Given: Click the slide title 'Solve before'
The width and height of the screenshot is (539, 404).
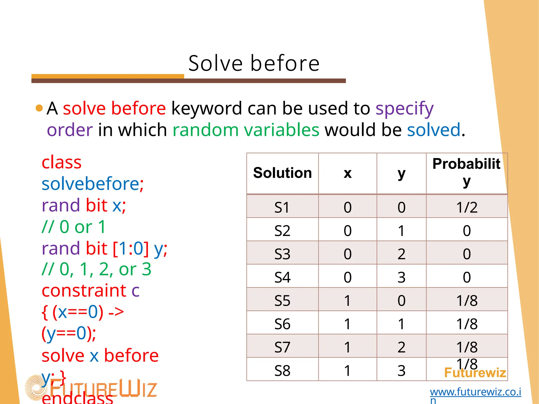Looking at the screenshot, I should pyautogui.click(x=254, y=63).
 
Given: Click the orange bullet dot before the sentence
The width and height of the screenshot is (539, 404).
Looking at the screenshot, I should pyautogui.click(x=39, y=108).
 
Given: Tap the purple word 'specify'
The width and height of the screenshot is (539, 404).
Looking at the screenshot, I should pyautogui.click(x=404, y=109).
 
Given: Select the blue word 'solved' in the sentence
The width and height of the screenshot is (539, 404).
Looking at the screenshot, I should pyautogui.click(x=434, y=130).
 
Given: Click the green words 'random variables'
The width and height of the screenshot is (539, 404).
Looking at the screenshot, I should pyautogui.click(x=246, y=130).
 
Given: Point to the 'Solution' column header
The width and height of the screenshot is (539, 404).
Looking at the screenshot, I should pyautogui.click(x=282, y=173).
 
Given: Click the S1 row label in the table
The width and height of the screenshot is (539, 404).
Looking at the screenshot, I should pyautogui.click(x=282, y=208).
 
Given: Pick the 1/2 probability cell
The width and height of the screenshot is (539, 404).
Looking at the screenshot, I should pyautogui.click(x=467, y=208).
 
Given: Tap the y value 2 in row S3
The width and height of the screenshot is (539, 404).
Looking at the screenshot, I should pyautogui.click(x=401, y=254).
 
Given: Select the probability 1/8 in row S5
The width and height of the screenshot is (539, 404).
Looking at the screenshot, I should pyautogui.click(x=467, y=301).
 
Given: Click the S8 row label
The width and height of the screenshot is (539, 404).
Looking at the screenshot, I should pyautogui.click(x=282, y=371).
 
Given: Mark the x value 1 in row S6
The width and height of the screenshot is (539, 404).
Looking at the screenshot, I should pyautogui.click(x=347, y=324).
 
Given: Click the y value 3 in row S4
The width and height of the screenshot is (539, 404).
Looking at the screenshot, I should pyautogui.click(x=401, y=277).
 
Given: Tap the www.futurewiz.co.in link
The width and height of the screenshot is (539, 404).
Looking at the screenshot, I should pyautogui.click(x=475, y=392).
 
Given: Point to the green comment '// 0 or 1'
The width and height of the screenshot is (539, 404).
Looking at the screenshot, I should pyautogui.click(x=74, y=227).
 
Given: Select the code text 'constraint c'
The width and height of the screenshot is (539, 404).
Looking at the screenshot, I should pyautogui.click(x=91, y=291).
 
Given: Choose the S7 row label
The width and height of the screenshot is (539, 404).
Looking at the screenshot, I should pyautogui.click(x=282, y=347).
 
